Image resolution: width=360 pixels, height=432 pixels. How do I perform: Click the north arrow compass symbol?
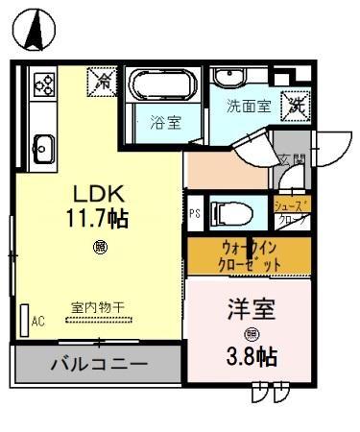pyautogui.click(x=32, y=29)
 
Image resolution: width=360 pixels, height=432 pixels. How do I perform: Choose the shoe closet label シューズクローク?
pyautogui.click(x=292, y=212)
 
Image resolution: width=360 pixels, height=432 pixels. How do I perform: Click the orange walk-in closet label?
pyautogui.click(x=251, y=254)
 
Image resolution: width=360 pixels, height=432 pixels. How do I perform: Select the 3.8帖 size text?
pyautogui.click(x=252, y=357)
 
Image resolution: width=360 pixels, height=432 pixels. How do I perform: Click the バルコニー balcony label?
pyautogui.click(x=99, y=365)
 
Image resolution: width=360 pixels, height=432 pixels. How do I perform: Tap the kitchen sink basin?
pyautogui.click(x=43, y=148)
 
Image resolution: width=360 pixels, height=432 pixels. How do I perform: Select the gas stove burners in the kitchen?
pyautogui.click(x=44, y=84)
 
